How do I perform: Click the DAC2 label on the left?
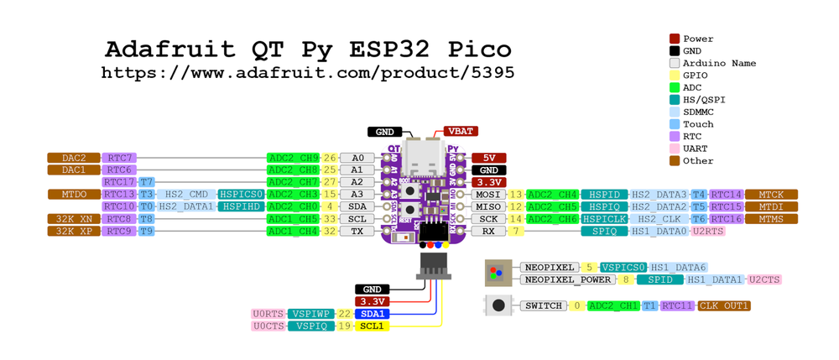(74, 158)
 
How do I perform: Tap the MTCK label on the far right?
(771, 195)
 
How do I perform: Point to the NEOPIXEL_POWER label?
(568, 279)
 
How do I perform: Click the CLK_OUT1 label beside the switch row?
(723, 306)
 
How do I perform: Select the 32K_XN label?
(74, 219)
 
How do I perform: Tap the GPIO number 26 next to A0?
(330, 158)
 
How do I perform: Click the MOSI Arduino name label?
(487, 195)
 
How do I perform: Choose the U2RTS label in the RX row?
(708, 231)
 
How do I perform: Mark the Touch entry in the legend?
(697, 124)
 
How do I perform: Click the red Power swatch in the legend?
(675, 39)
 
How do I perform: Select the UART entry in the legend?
(697, 149)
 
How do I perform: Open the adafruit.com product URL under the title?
(308, 73)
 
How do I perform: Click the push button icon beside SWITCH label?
(498, 306)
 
